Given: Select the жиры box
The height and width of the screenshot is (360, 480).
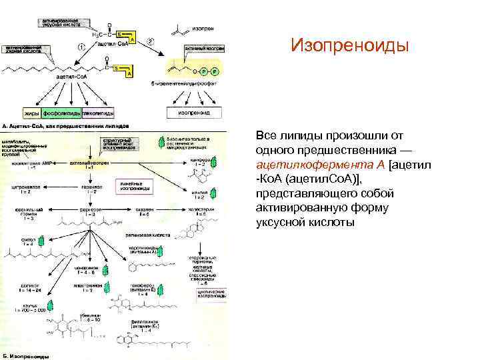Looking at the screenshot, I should point(32,113).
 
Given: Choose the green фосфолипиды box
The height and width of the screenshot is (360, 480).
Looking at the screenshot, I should point(61,113).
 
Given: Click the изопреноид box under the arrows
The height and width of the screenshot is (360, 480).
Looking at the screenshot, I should point(189,113).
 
